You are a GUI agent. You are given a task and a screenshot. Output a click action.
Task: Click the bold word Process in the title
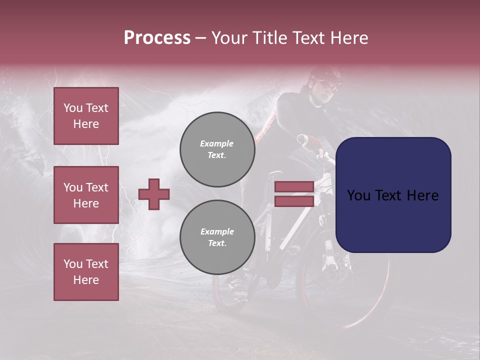(x=157, y=38)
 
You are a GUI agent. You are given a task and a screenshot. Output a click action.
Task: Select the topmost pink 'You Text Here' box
(x=86, y=116)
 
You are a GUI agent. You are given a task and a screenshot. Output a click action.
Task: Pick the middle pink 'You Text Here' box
(x=86, y=195)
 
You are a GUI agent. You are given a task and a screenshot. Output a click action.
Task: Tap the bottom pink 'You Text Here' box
(x=86, y=272)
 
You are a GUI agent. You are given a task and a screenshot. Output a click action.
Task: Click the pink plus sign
(x=154, y=194)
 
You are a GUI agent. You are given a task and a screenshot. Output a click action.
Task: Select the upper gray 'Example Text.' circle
(x=217, y=149)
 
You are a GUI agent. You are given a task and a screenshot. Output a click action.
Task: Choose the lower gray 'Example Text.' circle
(x=217, y=237)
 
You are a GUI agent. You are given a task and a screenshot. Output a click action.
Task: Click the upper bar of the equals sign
(x=294, y=186)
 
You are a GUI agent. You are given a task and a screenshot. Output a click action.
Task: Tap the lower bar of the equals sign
(x=294, y=201)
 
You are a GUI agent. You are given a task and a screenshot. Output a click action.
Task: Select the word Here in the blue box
(x=422, y=195)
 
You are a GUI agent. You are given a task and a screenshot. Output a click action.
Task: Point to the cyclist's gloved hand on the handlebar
(x=313, y=142)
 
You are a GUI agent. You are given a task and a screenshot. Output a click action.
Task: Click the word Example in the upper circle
(x=217, y=143)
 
